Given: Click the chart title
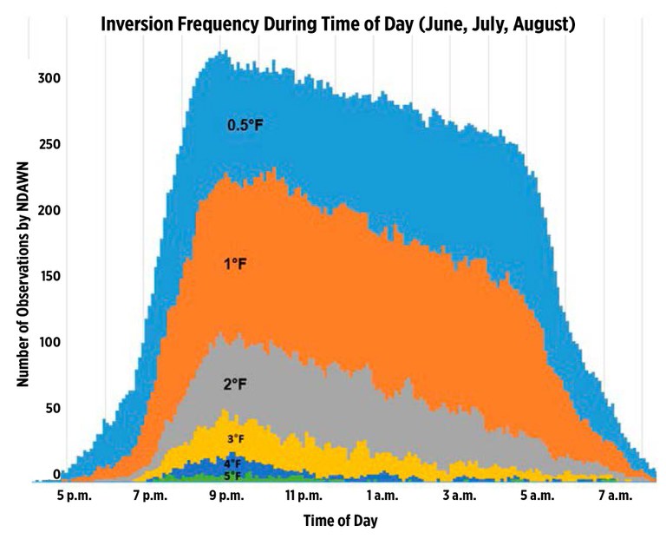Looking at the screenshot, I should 337,25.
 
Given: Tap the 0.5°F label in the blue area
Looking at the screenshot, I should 245,126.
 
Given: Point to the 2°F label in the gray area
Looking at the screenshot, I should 234,383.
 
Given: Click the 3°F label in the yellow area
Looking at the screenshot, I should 233,439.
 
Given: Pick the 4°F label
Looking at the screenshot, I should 232,463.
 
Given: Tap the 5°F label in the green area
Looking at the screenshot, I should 232,476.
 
